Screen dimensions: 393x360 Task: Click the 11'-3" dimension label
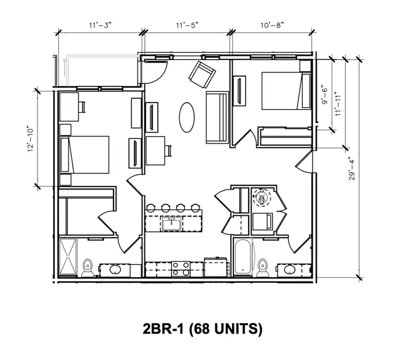pos(100,25)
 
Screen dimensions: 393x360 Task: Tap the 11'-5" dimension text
pos(187,25)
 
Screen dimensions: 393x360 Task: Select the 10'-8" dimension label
pos(272,25)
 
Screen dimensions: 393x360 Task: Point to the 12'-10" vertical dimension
pos(30,139)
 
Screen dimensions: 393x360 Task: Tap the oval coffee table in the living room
pos(187,117)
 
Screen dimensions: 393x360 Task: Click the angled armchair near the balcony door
pos(202,74)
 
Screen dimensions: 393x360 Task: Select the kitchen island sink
pos(171,224)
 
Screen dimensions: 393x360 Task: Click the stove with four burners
pos(181,269)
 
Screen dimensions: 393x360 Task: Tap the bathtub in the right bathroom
pos(243,256)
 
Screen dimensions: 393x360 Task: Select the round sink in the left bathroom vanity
pos(115,270)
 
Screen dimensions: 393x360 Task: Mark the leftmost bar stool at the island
pos(150,208)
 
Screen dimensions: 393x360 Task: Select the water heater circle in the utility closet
pos(262,197)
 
